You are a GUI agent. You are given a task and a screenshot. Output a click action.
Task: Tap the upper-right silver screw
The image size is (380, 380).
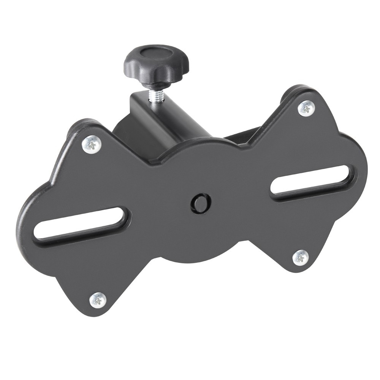tap(306, 108)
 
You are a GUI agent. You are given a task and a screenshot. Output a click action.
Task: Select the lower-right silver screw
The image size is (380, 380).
tap(301, 258)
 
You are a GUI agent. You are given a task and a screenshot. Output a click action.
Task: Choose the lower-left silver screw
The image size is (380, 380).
tap(98, 299)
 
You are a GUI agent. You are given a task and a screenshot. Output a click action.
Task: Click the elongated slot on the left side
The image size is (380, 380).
tap(80, 224)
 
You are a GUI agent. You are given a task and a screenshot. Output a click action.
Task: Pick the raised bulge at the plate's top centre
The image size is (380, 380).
tap(198, 148)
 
